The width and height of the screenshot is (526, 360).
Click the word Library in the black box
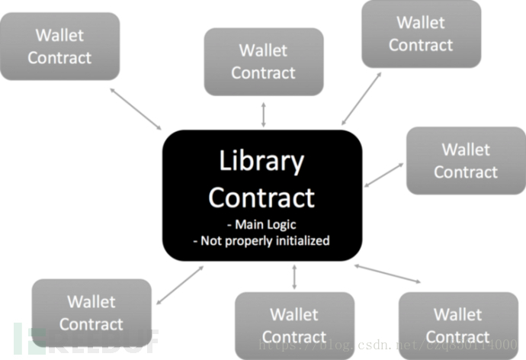tap(261, 162)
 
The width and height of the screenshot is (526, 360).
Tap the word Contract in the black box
tap(261, 198)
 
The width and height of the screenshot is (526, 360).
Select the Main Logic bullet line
tap(261, 225)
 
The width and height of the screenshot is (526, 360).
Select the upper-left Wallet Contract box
tap(59, 46)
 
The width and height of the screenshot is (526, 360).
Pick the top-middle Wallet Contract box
tap(263, 62)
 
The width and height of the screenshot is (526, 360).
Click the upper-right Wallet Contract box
tap(421, 34)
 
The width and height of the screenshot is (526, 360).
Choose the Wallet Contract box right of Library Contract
tap(465, 160)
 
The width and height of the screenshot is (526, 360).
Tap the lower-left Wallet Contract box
tap(91, 313)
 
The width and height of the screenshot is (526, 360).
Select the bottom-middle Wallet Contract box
tap(294, 326)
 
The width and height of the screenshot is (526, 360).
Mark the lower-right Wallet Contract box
tap(457, 326)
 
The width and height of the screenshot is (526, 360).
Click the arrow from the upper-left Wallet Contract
tap(136, 108)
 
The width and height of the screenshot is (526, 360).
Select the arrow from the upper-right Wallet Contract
tap(361, 99)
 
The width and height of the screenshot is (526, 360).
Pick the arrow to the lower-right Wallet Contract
tap(387, 274)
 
